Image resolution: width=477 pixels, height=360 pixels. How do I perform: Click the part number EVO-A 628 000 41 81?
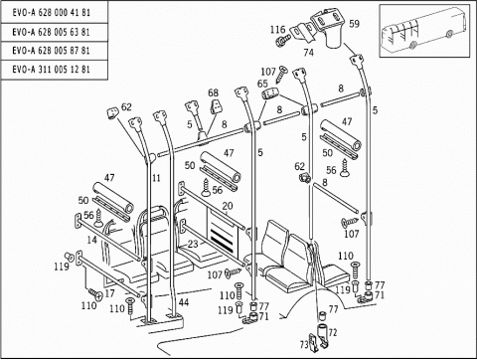pos(51,13)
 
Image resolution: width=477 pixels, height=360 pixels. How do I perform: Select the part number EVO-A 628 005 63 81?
pos(51,32)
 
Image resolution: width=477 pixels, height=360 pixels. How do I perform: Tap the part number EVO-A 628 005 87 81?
pos(51,51)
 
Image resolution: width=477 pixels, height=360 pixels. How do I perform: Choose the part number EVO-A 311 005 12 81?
pos(51,70)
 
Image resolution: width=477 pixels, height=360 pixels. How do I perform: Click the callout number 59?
pos(354,24)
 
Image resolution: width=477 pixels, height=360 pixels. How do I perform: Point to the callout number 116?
pos(277,30)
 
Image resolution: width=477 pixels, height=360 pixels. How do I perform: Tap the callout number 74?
pos(308,53)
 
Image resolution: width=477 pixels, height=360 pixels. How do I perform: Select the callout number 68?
pos(214,92)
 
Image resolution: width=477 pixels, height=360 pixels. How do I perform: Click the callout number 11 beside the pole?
pos(156,178)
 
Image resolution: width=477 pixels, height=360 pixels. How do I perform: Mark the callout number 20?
pos(228,206)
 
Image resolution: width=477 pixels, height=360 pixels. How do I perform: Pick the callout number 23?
pos(193,244)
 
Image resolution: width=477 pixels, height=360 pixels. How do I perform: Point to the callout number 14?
pos(91,240)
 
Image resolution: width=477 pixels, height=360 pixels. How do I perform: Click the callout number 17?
pos(109,293)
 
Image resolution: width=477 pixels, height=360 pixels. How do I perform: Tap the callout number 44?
pos(184,302)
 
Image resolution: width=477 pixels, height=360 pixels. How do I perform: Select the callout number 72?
pos(333,332)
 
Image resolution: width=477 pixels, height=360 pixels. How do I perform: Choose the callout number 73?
pos(304,345)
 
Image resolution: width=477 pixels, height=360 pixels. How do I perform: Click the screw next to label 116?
pos(282,41)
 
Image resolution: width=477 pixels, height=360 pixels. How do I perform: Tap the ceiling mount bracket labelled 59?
pos(329,28)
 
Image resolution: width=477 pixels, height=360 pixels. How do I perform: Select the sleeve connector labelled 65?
pos(271,93)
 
